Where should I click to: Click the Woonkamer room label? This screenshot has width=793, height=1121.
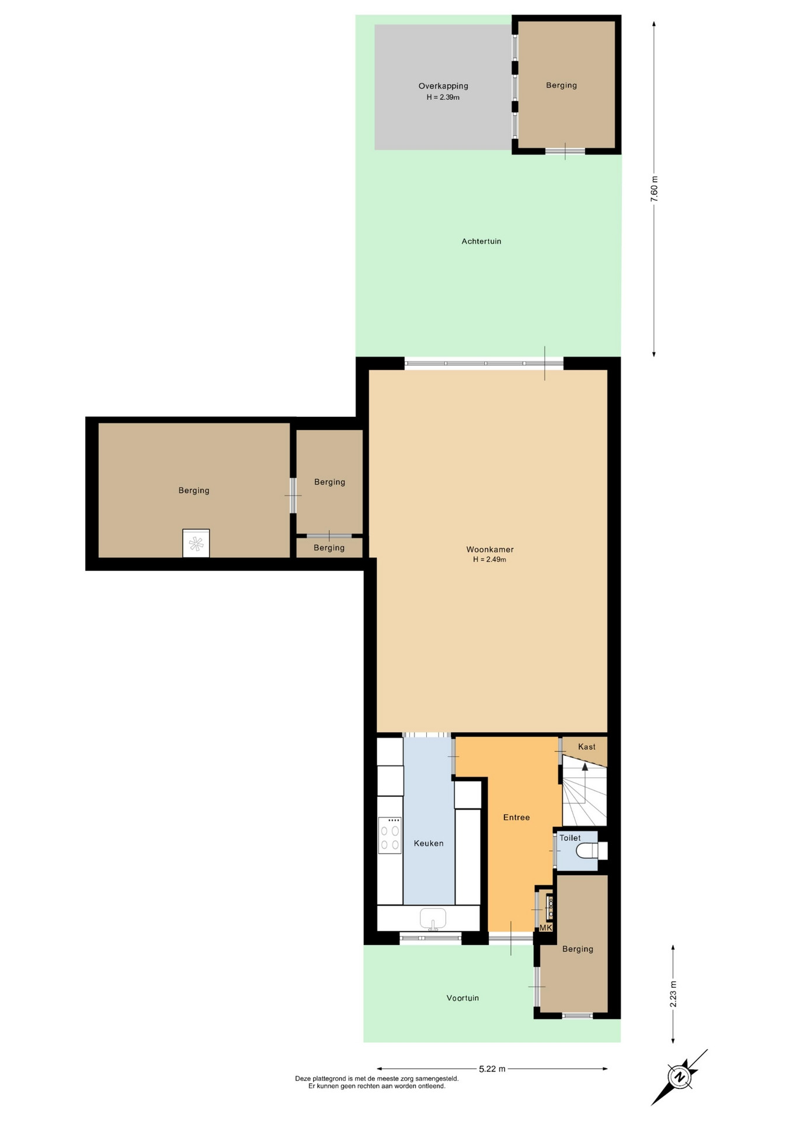[490, 549]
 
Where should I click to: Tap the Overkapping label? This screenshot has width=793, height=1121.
[443, 86]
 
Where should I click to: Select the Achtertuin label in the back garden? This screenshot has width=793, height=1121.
[481, 241]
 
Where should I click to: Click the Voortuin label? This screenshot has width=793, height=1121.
[462, 998]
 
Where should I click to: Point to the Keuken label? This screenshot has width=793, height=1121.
[429, 843]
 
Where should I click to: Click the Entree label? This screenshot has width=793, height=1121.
[516, 817]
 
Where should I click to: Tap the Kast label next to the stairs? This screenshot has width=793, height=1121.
[587, 747]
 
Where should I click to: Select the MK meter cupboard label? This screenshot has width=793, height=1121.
[545, 928]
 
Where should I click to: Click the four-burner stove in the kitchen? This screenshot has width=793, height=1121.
[389, 835]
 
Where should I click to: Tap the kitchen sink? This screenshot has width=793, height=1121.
[433, 918]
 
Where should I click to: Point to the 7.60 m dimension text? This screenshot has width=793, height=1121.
[654, 189]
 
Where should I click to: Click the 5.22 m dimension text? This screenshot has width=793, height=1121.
[492, 1069]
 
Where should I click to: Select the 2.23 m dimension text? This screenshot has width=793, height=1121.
[673, 994]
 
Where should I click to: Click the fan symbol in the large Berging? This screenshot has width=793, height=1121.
[196, 544]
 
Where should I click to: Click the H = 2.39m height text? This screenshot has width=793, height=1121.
[443, 98]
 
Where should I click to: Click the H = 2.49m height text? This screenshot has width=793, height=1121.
[490, 560]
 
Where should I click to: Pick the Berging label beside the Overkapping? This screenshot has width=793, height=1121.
[561, 85]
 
